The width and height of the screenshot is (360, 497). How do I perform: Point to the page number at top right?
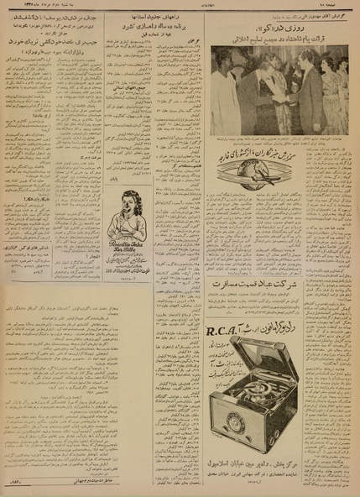[342, 7]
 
